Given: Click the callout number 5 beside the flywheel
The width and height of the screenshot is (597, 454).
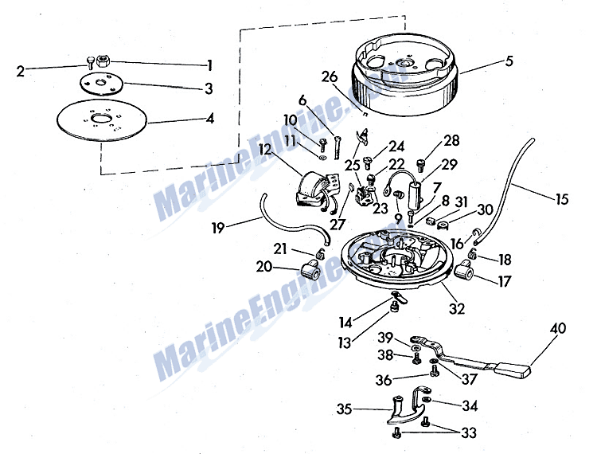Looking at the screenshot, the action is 509,61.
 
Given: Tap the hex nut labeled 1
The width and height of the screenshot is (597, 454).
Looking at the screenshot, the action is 103,61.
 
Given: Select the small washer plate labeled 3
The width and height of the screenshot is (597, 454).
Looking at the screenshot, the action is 101,83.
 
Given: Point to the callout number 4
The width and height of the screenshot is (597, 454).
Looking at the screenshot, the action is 210,119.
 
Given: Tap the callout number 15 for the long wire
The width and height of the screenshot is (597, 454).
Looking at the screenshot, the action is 562,199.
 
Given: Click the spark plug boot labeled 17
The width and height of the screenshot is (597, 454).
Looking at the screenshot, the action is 464,271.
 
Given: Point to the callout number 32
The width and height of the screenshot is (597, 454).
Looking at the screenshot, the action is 457,308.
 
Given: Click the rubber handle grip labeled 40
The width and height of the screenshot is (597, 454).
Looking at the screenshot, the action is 512,370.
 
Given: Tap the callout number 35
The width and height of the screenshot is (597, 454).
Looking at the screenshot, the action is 345,409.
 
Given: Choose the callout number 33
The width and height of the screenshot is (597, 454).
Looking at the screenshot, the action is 469,433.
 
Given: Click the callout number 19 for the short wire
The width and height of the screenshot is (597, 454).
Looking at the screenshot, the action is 218,228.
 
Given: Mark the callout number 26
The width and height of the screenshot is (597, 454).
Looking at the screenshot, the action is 330,77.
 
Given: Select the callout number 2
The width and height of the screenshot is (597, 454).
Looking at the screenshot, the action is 21,71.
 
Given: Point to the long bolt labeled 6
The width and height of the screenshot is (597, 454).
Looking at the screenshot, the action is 337,147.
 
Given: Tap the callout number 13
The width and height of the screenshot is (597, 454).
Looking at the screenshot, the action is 345,342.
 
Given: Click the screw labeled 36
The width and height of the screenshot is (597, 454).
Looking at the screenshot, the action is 434,370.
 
